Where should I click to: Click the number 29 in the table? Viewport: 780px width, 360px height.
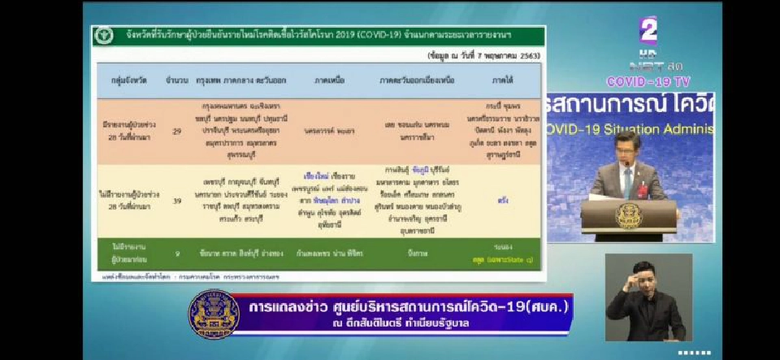(177, 130)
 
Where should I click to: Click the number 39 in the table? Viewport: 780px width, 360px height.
(177, 199)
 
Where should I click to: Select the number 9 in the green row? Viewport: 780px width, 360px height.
(177, 252)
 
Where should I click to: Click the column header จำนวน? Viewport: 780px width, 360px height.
(177, 81)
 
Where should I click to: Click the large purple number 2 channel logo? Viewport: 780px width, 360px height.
(648, 31)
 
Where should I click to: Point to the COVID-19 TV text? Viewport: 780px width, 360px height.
(648, 81)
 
